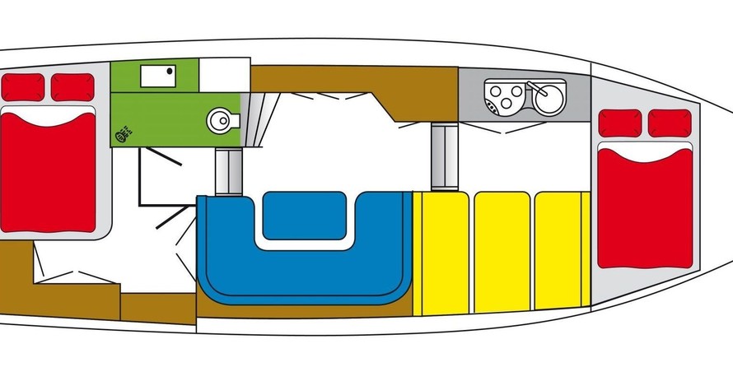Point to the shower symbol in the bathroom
click(122, 132)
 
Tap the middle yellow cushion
click(502, 252)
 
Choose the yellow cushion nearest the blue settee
click(442, 252)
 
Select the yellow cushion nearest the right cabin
click(561, 252)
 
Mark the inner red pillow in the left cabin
click(72, 86)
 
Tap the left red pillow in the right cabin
click(618, 123)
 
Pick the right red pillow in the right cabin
click(668, 123)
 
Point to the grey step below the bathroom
click(227, 171)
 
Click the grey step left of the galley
click(446, 156)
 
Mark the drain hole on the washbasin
click(171, 72)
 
